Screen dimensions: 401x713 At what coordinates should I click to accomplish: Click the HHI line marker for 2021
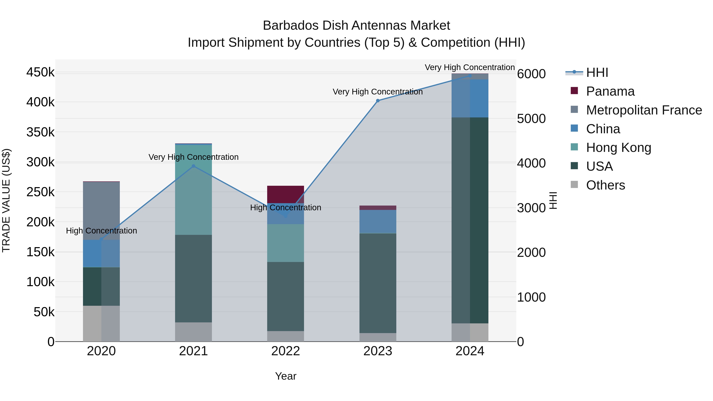point(194,166)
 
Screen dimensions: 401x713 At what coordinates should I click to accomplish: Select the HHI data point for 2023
point(378,101)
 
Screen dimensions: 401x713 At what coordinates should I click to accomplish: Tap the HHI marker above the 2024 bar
point(470,76)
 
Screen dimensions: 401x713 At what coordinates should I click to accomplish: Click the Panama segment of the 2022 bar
point(285,194)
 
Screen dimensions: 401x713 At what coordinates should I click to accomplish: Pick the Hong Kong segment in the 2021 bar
point(194,190)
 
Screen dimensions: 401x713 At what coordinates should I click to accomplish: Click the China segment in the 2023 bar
point(378,221)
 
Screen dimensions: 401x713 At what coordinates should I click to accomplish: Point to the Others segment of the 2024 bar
point(470,332)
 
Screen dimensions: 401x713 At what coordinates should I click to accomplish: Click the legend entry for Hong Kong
point(618,148)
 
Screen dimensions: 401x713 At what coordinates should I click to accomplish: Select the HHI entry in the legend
point(597,72)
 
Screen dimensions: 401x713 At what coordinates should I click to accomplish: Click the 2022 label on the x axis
point(285,351)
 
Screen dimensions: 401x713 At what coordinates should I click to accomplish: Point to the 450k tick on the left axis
point(40,72)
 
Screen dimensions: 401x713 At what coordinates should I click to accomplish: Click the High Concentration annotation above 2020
point(101,231)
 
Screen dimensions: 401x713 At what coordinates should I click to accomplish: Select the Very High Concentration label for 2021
point(194,157)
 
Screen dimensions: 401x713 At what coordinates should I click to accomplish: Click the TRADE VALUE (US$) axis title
point(6,200)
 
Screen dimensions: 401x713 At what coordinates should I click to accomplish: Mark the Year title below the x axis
point(285,376)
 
